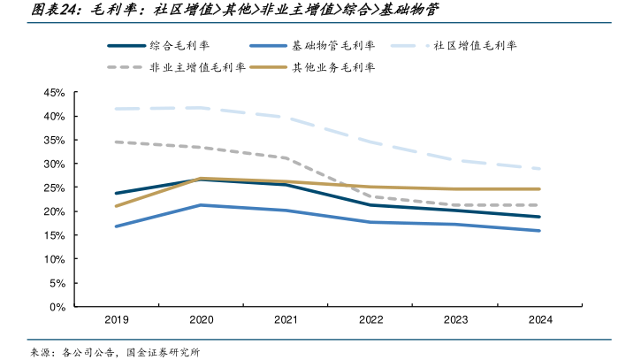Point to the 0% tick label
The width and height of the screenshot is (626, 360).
[x=57, y=307]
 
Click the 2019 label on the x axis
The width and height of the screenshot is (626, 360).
[x=116, y=321]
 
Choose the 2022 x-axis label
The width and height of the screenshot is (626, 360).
[x=370, y=321]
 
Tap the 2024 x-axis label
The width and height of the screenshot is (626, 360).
[x=539, y=321]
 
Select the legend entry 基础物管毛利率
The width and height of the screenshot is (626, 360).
[x=332, y=45]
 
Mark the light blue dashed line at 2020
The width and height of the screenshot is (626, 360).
[x=201, y=108]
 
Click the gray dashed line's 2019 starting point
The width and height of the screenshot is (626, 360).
[x=116, y=142]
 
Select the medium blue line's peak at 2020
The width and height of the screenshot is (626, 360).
[x=201, y=205]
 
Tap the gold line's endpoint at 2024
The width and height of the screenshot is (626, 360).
[x=539, y=188]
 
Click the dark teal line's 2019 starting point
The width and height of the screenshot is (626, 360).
[x=116, y=193]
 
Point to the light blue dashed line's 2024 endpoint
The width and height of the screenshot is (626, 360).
[x=539, y=169]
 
